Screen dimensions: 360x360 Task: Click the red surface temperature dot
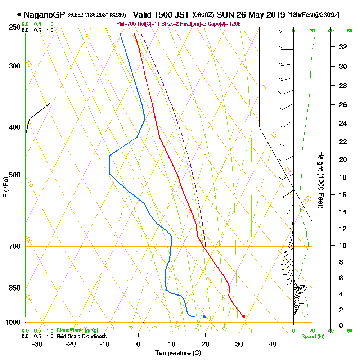click(244, 317)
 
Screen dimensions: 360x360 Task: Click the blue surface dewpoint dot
click(204, 317)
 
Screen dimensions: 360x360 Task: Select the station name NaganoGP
click(44, 15)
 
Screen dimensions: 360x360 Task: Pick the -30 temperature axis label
click(37, 344)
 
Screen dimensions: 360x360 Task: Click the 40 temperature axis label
click(273, 344)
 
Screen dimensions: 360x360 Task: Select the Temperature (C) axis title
click(177, 353)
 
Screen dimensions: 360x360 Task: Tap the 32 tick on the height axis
click(343, 47)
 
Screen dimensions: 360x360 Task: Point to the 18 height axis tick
click(343, 177)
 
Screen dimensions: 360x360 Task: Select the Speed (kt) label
click(312, 337)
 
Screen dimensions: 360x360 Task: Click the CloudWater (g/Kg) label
click(77, 330)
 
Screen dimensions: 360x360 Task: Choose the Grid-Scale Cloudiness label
click(81, 336)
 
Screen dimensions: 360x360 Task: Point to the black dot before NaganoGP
click(19, 15)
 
